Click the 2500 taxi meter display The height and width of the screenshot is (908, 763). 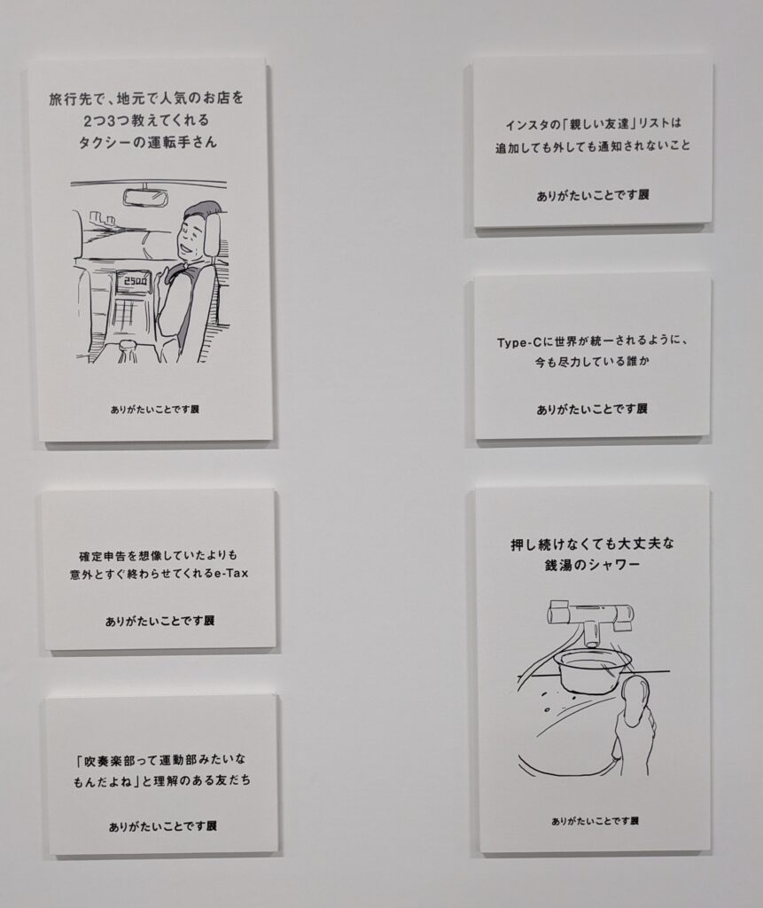pos(133,283)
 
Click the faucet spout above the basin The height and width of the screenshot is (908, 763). pos(591,635)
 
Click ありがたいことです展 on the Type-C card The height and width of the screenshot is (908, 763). pos(592,410)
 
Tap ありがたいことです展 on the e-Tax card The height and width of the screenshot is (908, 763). pos(160,621)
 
